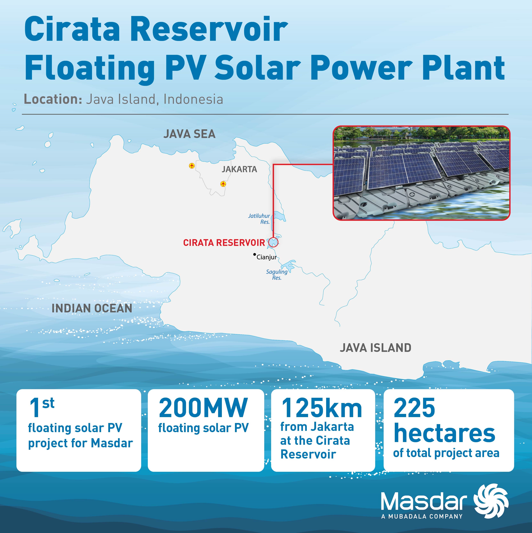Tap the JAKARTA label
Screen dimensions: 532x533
pyautogui.click(x=239, y=169)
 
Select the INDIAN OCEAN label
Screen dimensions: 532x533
pyautogui.click(x=92, y=308)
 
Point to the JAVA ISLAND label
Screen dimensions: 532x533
pyautogui.click(x=375, y=348)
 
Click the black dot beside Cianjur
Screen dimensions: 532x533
pyautogui.click(x=254, y=254)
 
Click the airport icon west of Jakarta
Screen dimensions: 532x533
pyautogui.click(x=192, y=166)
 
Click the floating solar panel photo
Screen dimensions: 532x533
pyautogui.click(x=421, y=173)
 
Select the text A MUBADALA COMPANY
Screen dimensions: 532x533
pyautogui.click(x=422, y=516)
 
